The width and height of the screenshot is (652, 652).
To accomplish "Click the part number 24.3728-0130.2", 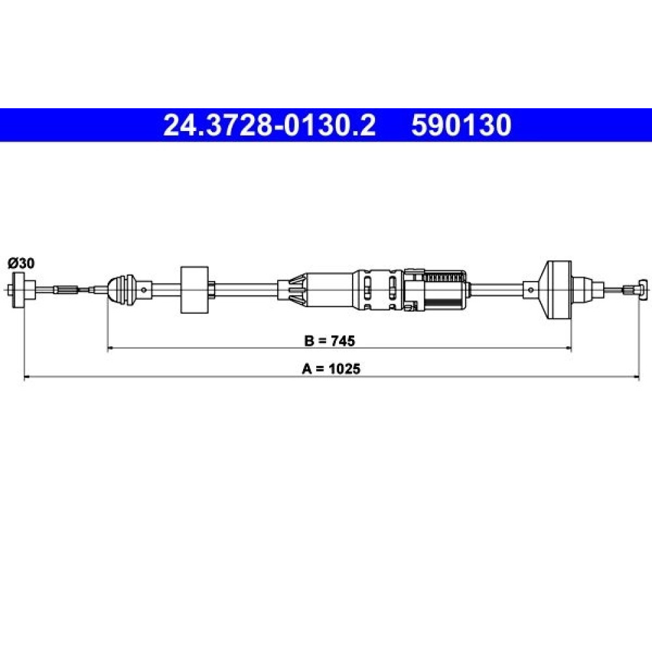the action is click(x=269, y=125).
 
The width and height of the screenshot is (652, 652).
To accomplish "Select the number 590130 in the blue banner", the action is click(x=461, y=125).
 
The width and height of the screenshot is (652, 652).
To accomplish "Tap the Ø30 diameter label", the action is click(x=22, y=263).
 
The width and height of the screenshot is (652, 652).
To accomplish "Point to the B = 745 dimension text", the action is click(x=330, y=341).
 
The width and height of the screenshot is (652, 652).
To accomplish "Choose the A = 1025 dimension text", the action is click(x=331, y=369).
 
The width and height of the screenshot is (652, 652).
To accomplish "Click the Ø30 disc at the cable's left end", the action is click(x=18, y=290).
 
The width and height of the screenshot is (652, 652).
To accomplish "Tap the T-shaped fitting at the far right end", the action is click(x=639, y=289).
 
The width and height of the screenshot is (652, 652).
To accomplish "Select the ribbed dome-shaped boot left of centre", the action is click(x=121, y=289).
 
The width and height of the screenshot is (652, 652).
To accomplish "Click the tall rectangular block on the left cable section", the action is click(x=194, y=289).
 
